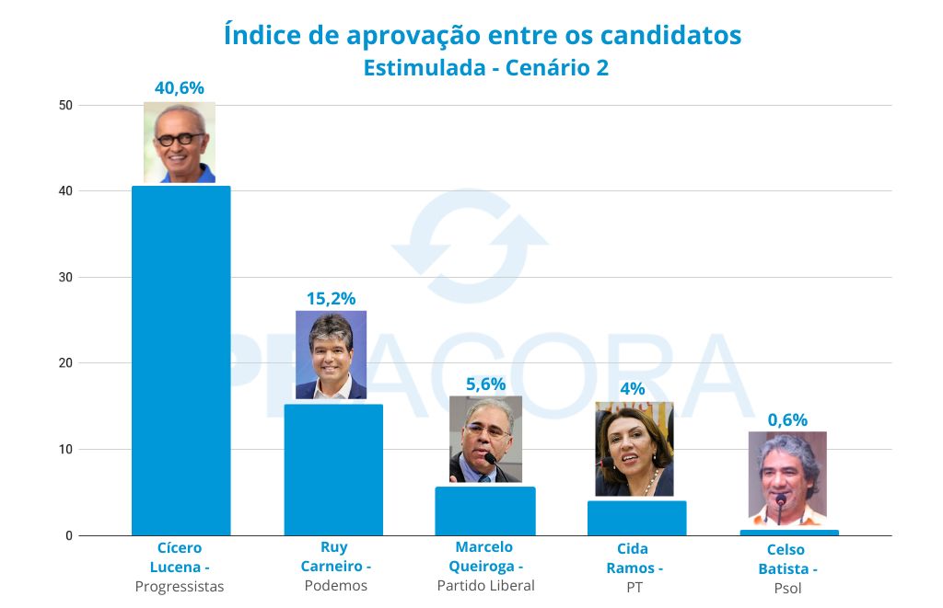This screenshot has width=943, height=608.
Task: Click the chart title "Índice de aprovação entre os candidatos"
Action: coord(483,35)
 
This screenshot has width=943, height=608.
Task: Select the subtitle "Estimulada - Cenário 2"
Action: coord(485,68)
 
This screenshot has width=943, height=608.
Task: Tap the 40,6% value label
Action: coord(179,88)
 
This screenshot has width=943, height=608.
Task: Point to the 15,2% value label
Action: coord(331,298)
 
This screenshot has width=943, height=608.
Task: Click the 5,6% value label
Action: coord(484,384)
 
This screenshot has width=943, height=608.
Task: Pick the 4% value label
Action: coord(633,388)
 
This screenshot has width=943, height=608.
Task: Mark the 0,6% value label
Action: coord(787,419)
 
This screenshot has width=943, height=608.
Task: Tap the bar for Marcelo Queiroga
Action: coord(484,510)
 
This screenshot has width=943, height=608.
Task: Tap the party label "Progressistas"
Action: coord(180,587)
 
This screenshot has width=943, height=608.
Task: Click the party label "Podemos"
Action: coord(335,586)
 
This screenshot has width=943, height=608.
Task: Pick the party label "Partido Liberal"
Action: coord(485,585)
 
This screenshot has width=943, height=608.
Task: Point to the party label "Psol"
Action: coord(787,589)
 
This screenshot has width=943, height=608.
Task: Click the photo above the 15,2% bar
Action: coord(331,354)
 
